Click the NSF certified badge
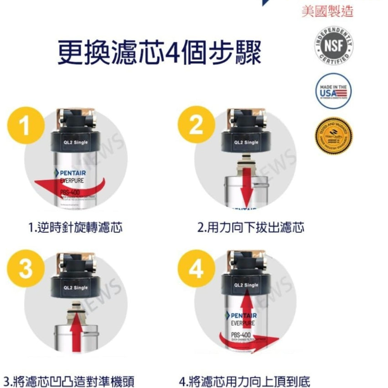click(333, 46)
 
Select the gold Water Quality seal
click(333, 136)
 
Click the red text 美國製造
click(327, 11)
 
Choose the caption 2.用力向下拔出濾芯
click(250, 227)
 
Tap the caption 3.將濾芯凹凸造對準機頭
click(68, 380)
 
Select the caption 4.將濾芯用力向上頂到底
click(245, 380)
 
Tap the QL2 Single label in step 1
click(76, 143)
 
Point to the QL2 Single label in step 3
click(76, 288)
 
